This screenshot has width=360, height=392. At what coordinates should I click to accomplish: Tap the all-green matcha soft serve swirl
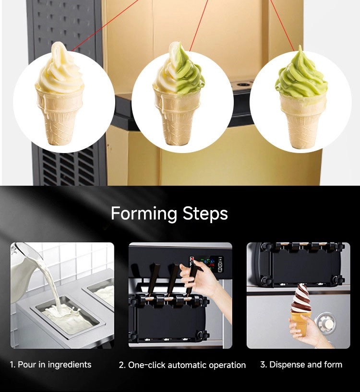coord(301,72)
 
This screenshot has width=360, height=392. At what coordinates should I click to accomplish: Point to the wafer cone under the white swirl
coord(60,118)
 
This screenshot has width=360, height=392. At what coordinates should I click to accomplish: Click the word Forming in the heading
coord(144,214)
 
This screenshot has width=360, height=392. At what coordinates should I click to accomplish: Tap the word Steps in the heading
coord(205,214)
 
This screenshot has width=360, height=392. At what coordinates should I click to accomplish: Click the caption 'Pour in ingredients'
coord(55,365)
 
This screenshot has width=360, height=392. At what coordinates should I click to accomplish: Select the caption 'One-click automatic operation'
coord(187,365)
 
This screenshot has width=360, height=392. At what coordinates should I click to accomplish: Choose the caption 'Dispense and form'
coord(306,365)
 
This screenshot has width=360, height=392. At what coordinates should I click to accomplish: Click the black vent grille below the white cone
coord(68,166)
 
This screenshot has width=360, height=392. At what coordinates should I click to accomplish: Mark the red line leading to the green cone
coord(282,25)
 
